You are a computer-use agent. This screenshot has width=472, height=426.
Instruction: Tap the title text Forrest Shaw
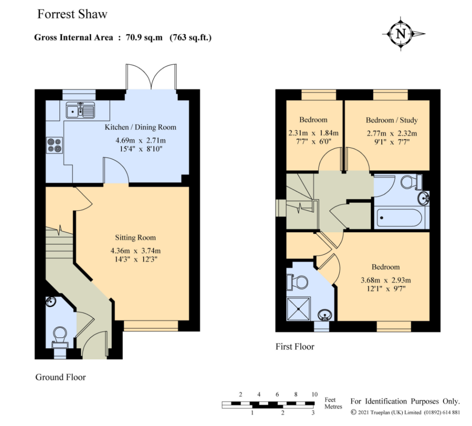72,14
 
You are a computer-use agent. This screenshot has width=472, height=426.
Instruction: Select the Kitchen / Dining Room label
140,127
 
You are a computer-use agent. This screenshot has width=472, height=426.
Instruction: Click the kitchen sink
80,110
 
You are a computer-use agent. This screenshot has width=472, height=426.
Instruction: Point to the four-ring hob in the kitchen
54,145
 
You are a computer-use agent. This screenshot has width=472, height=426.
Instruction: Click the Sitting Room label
135,238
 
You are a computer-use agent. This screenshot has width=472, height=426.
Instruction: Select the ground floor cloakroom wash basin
50,301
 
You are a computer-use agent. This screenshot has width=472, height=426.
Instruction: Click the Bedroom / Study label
391,120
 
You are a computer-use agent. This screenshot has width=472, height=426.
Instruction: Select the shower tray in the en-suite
298,309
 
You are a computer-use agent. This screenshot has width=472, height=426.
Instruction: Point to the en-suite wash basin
325,315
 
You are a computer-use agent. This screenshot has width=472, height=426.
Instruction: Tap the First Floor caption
295,347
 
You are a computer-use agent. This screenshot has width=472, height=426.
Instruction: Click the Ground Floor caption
60,377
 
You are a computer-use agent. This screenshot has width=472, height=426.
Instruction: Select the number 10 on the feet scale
314,394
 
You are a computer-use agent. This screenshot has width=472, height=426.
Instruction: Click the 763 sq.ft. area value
192,38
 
